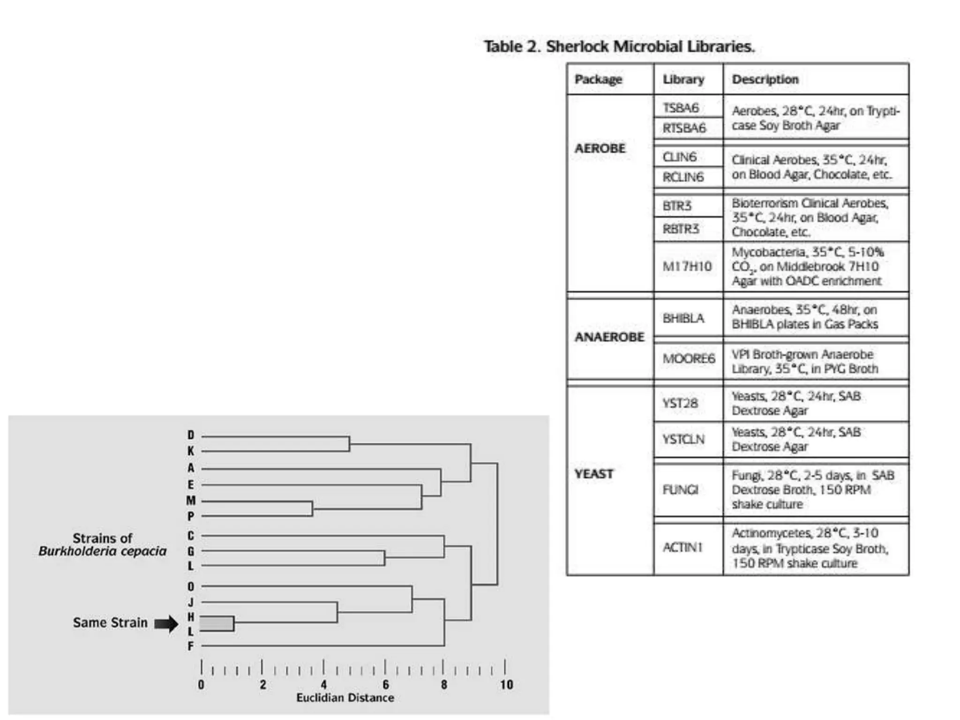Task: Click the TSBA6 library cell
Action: (x=681, y=108)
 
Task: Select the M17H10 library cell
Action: (x=687, y=266)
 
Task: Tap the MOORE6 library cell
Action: (x=688, y=359)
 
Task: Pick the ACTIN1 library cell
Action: (x=682, y=547)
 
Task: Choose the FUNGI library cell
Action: (x=680, y=490)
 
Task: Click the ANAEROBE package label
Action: (x=609, y=337)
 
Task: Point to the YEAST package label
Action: (x=594, y=474)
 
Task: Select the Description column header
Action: (x=765, y=79)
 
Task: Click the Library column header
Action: (x=683, y=79)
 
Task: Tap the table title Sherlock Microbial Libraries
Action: (x=619, y=46)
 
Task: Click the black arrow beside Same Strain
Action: (x=166, y=623)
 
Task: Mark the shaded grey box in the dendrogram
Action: (x=217, y=623)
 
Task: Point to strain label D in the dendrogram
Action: (x=191, y=435)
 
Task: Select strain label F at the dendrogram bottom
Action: (x=191, y=646)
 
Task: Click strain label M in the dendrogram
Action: (x=191, y=501)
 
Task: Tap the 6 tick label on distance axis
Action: (x=385, y=685)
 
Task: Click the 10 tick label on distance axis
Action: (x=506, y=685)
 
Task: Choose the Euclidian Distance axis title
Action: (x=345, y=698)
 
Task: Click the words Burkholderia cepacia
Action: (x=103, y=551)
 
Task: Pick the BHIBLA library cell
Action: (x=683, y=318)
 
